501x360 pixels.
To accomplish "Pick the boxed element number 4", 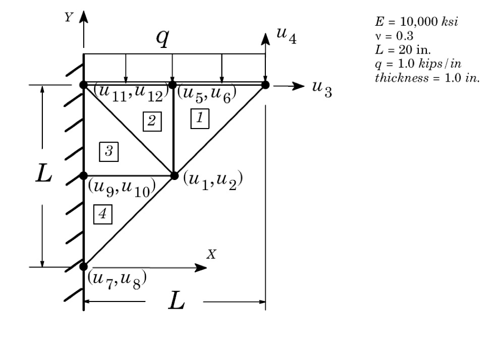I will pyautogui.click(x=102, y=215).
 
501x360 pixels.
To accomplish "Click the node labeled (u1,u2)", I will pyautogui.click(x=174, y=175).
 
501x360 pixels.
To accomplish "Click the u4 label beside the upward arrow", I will pyautogui.click(x=286, y=36).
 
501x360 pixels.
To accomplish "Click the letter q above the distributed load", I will pyautogui.click(x=162, y=39).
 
